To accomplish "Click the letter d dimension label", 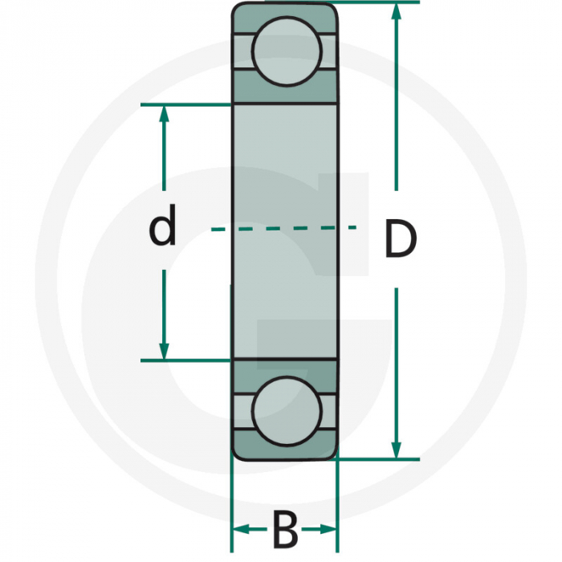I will point(162,228).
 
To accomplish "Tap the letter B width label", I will point(285,530).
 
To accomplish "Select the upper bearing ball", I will point(287,49).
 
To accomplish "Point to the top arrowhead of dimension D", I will point(396,12).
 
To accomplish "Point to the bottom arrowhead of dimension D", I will point(396,449).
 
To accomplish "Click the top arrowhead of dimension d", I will point(164,114).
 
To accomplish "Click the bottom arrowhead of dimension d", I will point(164,350).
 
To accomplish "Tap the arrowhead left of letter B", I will point(240,529).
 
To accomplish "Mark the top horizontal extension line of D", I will point(377,2).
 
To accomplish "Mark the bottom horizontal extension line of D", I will point(377,459).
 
